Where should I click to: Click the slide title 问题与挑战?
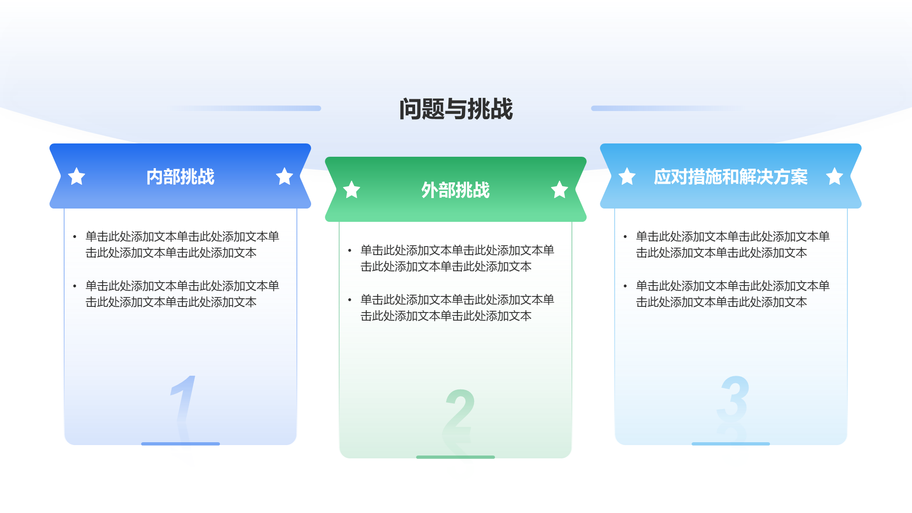click(456, 109)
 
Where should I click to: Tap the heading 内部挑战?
click(180, 177)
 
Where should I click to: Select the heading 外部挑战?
click(456, 190)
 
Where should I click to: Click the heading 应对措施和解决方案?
click(731, 177)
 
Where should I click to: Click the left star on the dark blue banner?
click(76, 176)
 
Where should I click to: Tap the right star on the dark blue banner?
click(285, 176)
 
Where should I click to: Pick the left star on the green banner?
click(351, 190)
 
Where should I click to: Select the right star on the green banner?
click(560, 190)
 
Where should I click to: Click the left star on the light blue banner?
click(627, 176)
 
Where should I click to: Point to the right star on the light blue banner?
click(835, 176)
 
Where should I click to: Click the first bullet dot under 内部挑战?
click(75, 237)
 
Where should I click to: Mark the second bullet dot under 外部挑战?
click(350, 300)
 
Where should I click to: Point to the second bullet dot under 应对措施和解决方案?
click(625, 286)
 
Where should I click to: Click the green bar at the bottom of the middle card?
click(456, 457)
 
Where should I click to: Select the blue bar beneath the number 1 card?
click(180, 444)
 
